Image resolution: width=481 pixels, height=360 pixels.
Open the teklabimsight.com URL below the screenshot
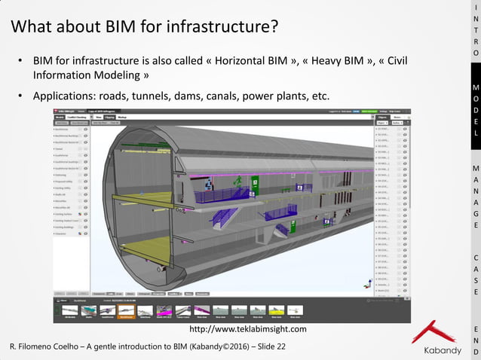coord(248,329)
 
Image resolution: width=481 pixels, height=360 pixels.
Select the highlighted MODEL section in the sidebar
coord(475,109)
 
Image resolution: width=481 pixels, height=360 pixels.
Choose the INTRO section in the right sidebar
coord(475,30)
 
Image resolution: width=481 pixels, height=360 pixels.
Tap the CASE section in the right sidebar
coord(475,274)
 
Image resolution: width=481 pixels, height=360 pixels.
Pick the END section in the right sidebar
coord(475,340)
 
